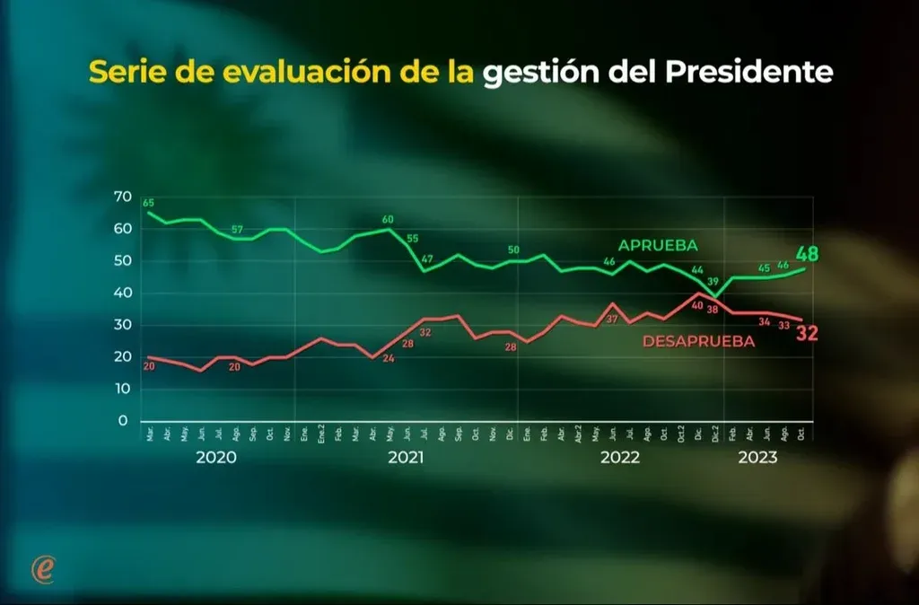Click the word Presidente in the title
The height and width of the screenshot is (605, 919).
750,73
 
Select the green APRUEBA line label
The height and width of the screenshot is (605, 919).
658,245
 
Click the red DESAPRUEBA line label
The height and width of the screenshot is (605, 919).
698,341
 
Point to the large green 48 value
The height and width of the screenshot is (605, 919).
808,253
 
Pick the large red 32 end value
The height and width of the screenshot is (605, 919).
808,334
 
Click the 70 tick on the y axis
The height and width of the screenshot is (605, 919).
122,197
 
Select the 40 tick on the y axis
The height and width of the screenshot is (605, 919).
122,294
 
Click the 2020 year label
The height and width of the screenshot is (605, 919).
216,457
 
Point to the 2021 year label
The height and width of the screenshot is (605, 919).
406,457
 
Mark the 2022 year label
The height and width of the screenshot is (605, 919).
620,457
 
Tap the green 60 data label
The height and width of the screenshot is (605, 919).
388,219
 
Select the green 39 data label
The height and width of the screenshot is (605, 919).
713,282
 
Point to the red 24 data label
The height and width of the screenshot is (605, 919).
389,358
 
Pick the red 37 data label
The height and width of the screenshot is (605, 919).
613,320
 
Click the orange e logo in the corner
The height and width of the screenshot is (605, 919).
42,568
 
